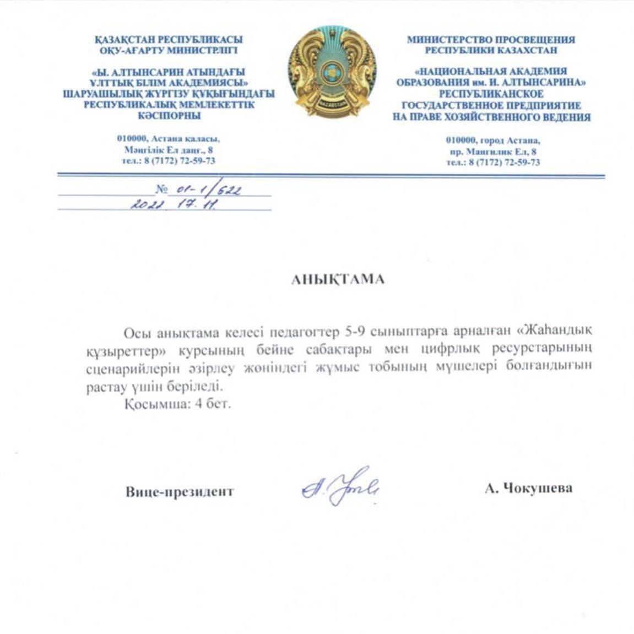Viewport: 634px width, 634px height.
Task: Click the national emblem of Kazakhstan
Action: point(332,72)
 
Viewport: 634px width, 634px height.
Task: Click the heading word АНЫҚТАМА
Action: point(338,279)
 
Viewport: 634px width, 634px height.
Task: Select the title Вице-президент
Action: point(180,491)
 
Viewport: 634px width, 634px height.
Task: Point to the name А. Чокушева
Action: point(528,488)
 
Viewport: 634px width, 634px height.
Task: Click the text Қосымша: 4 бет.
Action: point(177,403)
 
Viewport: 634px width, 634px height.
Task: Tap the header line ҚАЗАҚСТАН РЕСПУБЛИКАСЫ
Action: point(169,40)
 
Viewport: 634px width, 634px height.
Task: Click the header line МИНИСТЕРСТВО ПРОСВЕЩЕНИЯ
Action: point(491,40)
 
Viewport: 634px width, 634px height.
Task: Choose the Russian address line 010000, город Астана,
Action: point(493,140)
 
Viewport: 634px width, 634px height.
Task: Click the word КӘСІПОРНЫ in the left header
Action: point(169,116)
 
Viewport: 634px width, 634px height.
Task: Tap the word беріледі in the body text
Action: point(202,386)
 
